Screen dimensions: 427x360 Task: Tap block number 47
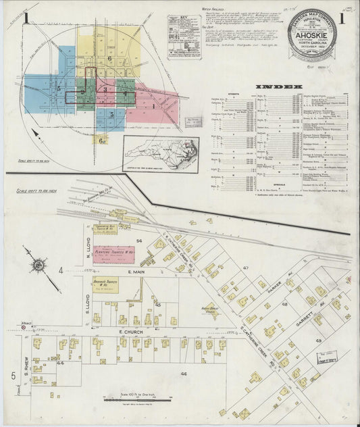point(247,268)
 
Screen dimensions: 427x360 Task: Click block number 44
point(60,363)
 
